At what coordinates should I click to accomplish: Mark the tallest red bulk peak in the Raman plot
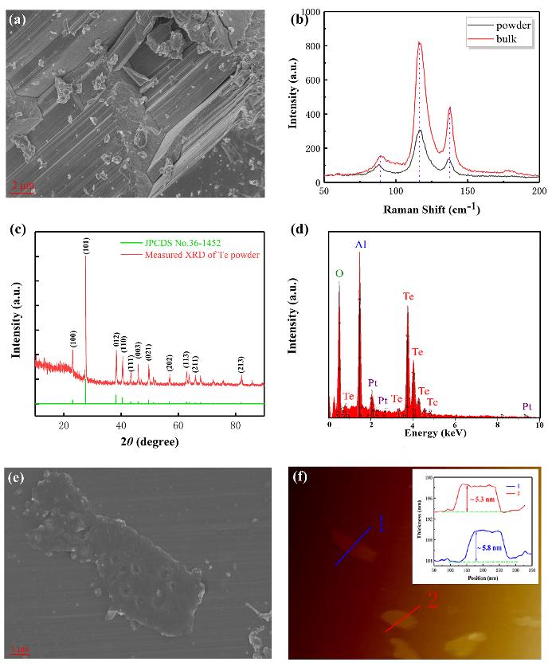[x=419, y=43]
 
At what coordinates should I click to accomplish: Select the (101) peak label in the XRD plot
[x=85, y=245]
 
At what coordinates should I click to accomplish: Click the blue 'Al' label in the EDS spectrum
[x=361, y=243]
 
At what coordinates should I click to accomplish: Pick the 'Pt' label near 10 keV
[x=527, y=406]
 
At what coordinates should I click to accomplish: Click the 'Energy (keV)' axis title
[x=434, y=433]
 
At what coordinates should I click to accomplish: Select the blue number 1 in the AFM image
[x=381, y=523]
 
